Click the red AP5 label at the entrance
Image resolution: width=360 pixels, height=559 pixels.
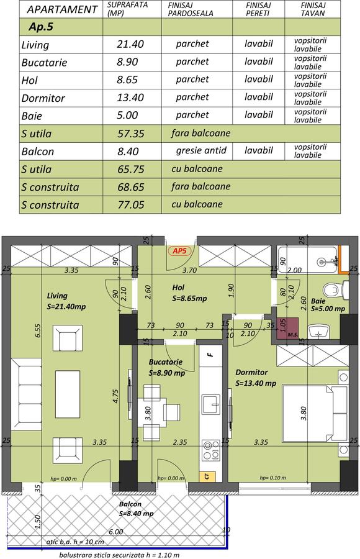(179, 251)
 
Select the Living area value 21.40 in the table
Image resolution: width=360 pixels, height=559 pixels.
(130, 44)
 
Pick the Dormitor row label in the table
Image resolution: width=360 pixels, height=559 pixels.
(43, 98)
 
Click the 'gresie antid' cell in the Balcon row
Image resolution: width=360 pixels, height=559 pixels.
(201, 150)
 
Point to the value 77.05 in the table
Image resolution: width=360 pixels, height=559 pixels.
(131, 204)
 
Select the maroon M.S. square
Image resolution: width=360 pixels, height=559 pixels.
(287, 327)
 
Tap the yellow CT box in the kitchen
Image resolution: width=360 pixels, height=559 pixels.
(206, 476)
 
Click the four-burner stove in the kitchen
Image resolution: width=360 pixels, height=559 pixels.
(211, 450)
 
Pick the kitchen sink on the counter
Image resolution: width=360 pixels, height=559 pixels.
(212, 404)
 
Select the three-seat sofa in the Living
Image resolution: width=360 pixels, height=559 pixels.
(27, 393)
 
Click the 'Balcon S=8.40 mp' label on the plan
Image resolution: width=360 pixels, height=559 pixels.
(136, 509)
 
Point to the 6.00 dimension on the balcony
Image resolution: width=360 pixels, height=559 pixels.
(116, 532)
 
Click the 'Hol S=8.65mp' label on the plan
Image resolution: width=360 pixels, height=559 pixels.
(189, 293)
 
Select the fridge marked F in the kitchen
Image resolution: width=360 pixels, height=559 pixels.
(210, 355)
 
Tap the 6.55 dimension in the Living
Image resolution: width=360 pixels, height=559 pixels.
(38, 331)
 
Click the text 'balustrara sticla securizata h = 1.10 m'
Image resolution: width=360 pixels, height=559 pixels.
(119, 555)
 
